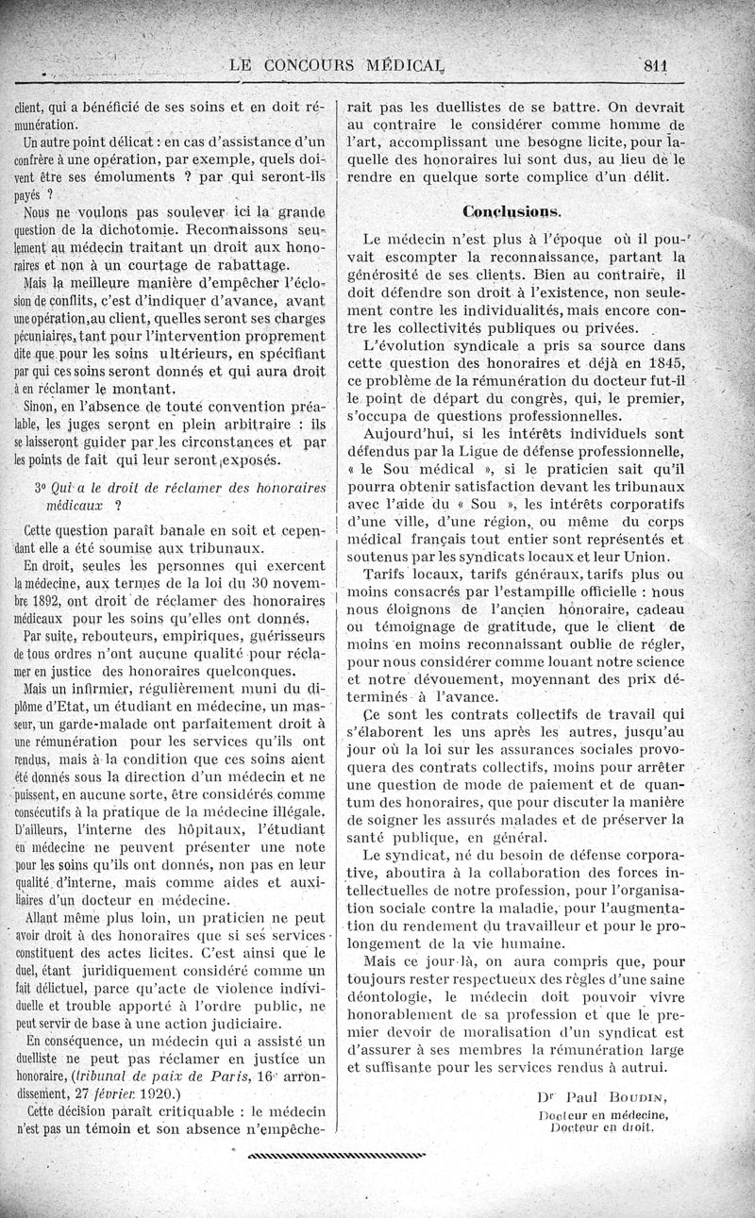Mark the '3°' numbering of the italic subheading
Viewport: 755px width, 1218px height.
[41, 487]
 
